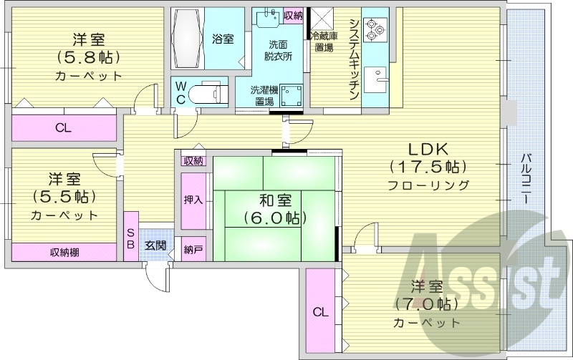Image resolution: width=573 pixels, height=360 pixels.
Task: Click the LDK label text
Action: point(428,150)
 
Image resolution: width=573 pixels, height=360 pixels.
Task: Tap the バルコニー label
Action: point(525,178)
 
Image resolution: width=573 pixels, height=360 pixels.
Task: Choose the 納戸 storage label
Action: point(193,249)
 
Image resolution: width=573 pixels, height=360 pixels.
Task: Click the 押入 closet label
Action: point(193,200)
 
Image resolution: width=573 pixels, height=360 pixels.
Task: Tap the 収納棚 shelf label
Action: point(64,252)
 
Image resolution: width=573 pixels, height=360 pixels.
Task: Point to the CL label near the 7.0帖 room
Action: point(319,311)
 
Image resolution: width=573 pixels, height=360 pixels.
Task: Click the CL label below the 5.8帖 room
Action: point(64,129)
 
